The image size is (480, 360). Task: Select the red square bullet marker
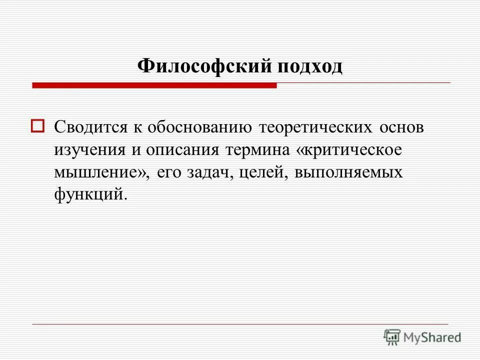[x=38, y=125]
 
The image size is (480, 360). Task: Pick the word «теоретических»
[x=315, y=127]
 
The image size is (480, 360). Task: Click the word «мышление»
[x=98, y=172]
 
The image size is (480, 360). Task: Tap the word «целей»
[x=261, y=172]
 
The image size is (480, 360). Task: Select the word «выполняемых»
[x=348, y=172]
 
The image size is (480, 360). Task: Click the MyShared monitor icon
[x=391, y=336]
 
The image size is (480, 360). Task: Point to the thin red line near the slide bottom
[x=240, y=324]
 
